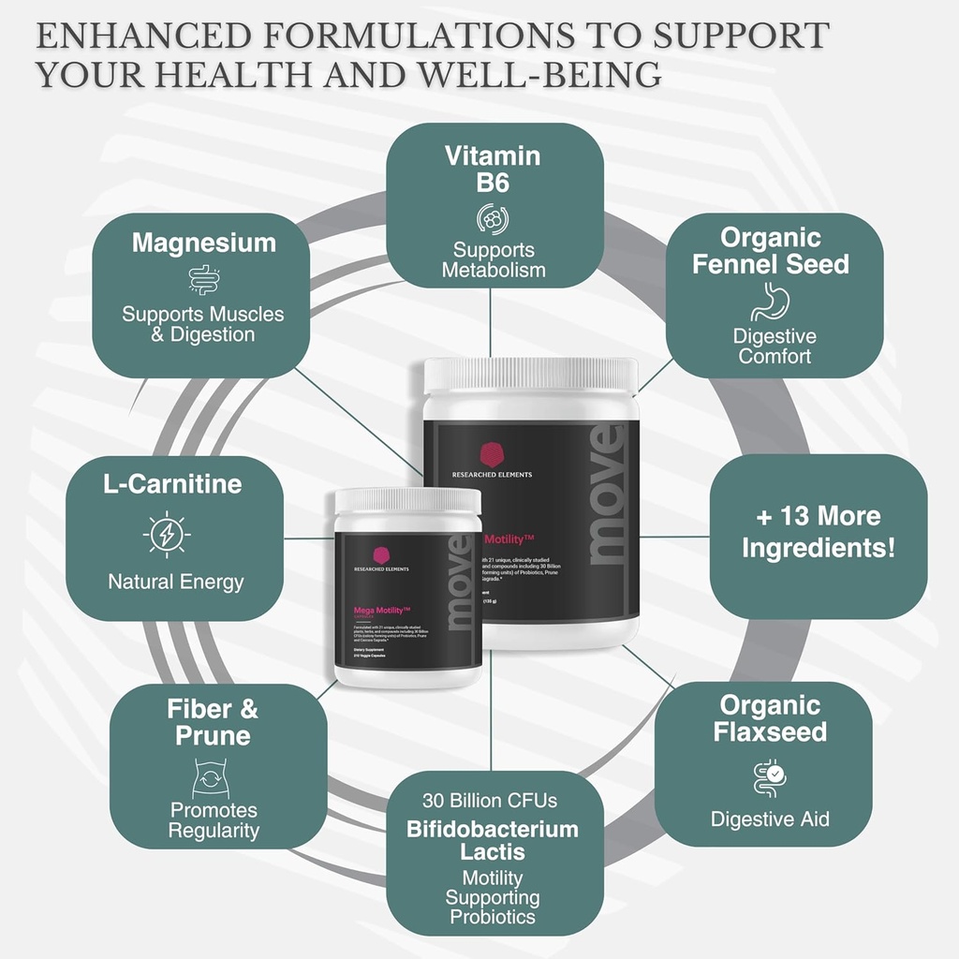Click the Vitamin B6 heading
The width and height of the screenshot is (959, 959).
pyautogui.click(x=494, y=169)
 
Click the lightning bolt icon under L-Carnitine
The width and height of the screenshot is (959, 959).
pyautogui.click(x=167, y=535)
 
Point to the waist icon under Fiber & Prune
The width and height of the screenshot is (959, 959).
pyautogui.click(x=212, y=777)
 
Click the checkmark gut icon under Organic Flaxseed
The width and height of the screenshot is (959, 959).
pyautogui.click(x=770, y=777)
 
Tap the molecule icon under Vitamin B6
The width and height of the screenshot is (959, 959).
pyautogui.click(x=493, y=218)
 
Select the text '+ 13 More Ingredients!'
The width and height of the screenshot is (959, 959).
pyautogui.click(x=819, y=531)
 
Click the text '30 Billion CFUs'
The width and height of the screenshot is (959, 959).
pyautogui.click(x=490, y=800)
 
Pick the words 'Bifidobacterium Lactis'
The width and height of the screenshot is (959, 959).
pyautogui.click(x=492, y=840)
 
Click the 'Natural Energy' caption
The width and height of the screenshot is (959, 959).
pyautogui.click(x=175, y=582)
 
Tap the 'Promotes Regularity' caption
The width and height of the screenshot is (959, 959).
pyautogui.click(x=214, y=820)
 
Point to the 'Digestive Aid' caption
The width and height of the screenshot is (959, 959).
pyautogui.click(x=770, y=819)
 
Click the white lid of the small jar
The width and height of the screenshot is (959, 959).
pyautogui.click(x=407, y=501)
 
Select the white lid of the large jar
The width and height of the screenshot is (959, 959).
pyautogui.click(x=530, y=376)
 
